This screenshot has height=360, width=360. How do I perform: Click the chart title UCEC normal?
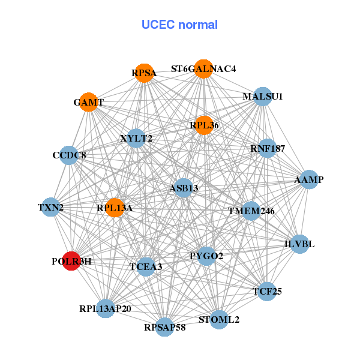[x=179, y=25]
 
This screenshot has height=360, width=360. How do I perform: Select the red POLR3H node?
[x=71, y=262]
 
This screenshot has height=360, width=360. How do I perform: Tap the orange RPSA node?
[x=144, y=73]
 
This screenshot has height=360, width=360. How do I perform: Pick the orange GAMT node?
[x=89, y=102]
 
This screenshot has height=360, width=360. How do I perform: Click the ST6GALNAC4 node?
[x=203, y=68]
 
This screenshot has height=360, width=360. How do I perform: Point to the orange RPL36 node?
[x=204, y=125]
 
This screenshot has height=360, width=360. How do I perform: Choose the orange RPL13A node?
[x=114, y=208]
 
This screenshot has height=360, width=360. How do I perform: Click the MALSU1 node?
[x=262, y=96]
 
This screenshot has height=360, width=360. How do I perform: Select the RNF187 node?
[x=267, y=148]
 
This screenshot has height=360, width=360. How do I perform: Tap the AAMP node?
[x=308, y=179]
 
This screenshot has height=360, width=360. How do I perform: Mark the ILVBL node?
[x=299, y=244]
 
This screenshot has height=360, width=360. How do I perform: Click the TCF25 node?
[x=267, y=292]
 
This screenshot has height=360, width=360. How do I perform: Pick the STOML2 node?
[x=219, y=319]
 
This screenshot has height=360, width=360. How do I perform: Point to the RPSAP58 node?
[x=165, y=327]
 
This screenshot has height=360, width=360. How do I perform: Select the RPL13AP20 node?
[x=105, y=308]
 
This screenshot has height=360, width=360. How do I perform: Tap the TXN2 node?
[x=50, y=208]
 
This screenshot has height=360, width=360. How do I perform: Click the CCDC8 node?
[x=69, y=155]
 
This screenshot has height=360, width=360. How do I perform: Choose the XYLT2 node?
[x=136, y=139]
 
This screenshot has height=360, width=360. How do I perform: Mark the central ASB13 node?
[x=183, y=188]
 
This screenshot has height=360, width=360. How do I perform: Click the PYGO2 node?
[x=206, y=256]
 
